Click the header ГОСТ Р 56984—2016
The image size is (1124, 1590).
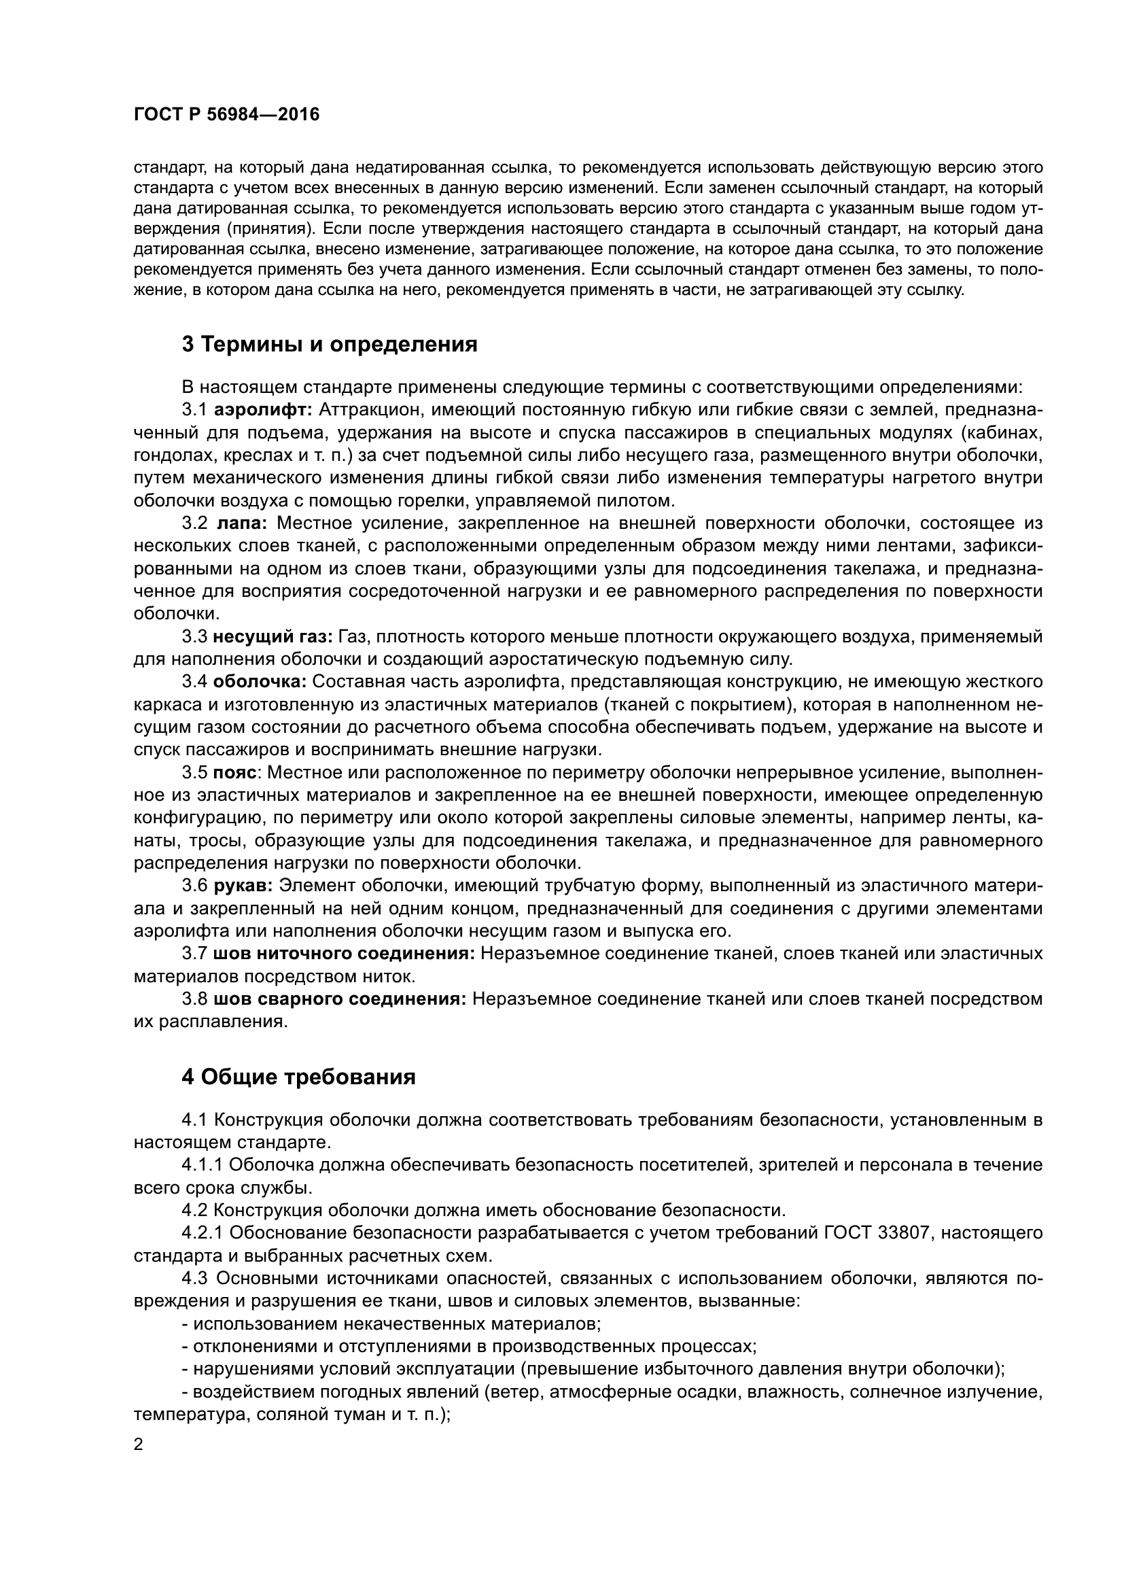(x=226, y=115)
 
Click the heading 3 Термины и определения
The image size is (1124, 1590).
(x=330, y=344)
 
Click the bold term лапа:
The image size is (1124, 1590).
(x=242, y=523)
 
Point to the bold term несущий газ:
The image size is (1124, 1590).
(x=273, y=636)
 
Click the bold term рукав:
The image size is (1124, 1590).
(x=243, y=886)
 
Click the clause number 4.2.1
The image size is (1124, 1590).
(x=203, y=1233)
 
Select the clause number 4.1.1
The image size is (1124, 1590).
(x=203, y=1166)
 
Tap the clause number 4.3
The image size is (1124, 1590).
(x=196, y=1279)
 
